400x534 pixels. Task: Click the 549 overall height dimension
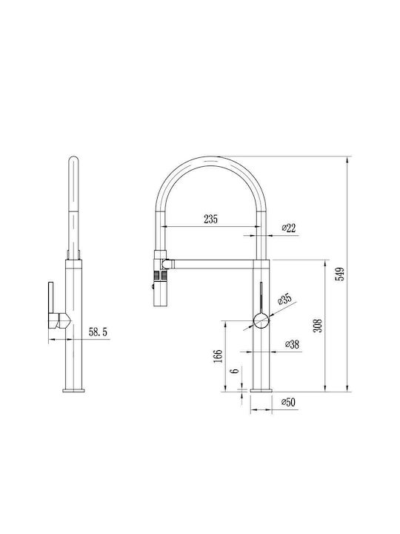click(340, 274)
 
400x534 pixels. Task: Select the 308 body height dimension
click(317, 326)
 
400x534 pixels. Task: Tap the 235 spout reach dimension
click(210, 219)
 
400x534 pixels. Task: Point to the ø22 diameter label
click(289, 228)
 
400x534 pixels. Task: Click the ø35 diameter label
click(284, 300)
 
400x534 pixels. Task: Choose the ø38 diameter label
click(292, 344)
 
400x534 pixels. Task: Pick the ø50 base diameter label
click(288, 402)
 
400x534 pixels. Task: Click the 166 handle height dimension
click(218, 356)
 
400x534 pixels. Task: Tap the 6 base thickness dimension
click(235, 370)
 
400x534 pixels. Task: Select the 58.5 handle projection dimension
click(98, 332)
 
